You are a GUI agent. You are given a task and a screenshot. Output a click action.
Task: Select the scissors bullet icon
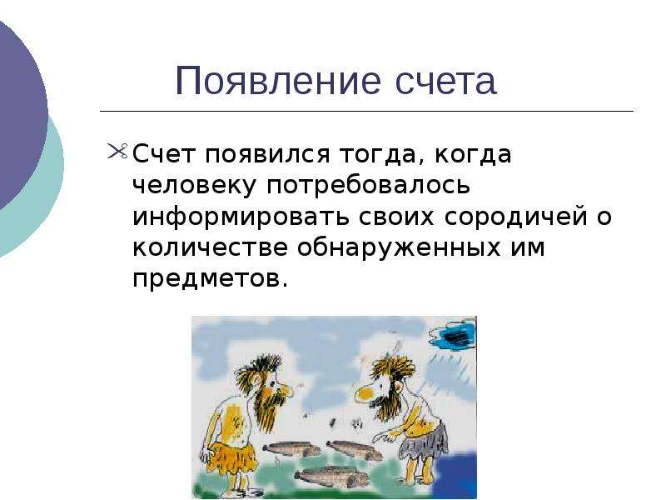point(117,152)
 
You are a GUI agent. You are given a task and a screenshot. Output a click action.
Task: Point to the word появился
point(267,154)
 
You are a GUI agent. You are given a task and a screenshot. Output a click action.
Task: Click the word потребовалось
point(368,186)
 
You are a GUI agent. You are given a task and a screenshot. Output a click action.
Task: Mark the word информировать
point(241,217)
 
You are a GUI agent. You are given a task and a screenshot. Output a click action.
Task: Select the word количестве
point(210,247)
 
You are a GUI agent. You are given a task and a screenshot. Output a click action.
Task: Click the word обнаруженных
point(399,247)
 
